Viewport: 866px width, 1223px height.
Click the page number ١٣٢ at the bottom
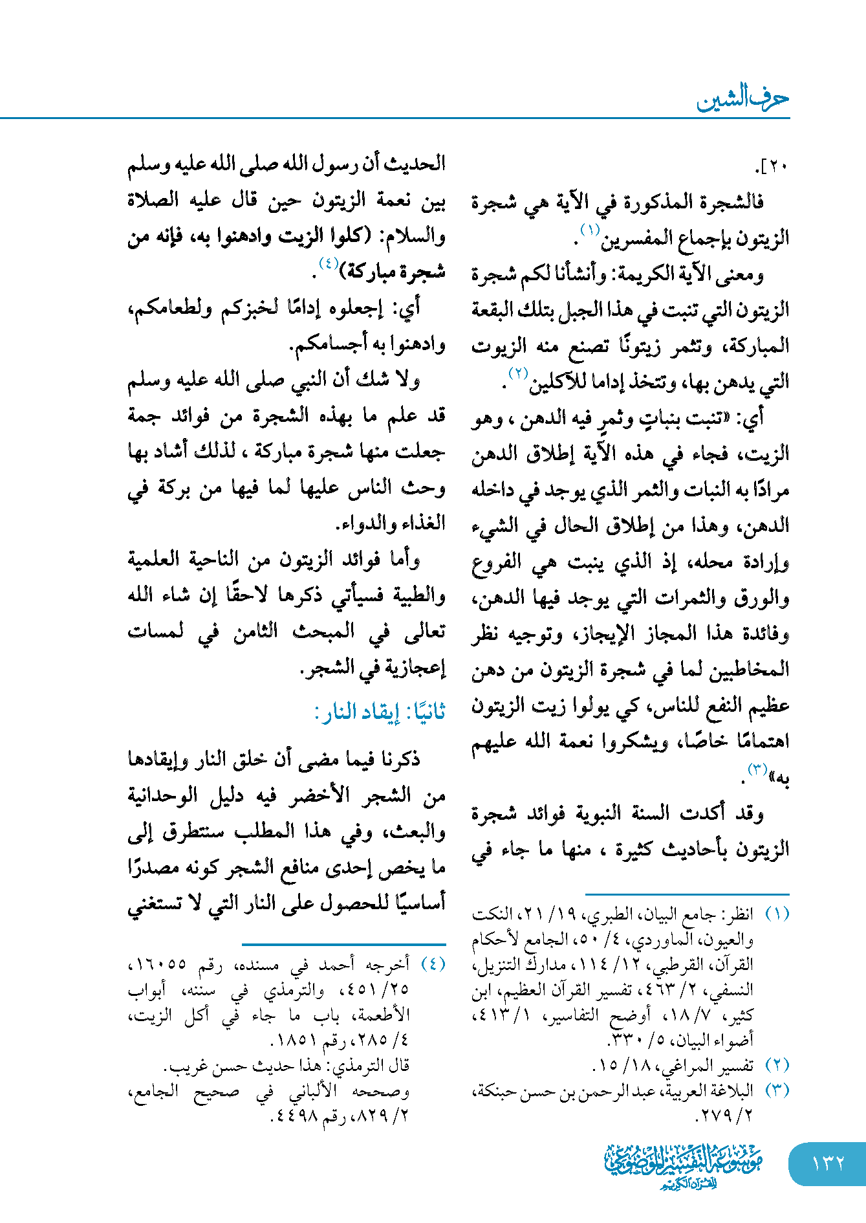[828, 1163]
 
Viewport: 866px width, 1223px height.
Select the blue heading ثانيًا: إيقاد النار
[380, 712]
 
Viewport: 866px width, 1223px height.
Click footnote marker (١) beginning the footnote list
[777, 914]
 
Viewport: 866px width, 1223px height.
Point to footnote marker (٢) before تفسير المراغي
[777, 1065]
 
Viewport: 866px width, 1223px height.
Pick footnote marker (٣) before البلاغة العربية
[777, 1090]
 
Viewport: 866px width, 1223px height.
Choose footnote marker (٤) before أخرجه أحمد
[433, 964]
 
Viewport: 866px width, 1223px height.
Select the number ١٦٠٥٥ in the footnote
[158, 965]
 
